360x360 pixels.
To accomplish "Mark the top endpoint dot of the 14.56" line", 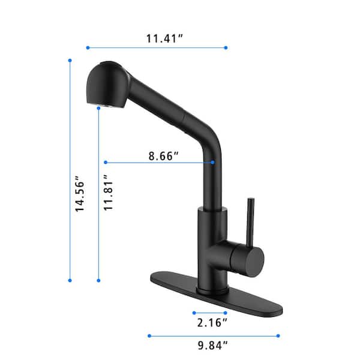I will click(x=70, y=60).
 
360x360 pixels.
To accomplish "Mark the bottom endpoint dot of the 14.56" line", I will click(x=70, y=280).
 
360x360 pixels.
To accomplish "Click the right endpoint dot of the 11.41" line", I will click(x=226, y=47).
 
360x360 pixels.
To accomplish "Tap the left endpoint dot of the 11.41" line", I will click(x=88, y=47).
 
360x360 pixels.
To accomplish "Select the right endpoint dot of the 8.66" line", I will click(x=214, y=162).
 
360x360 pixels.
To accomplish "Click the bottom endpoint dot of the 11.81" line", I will click(x=98, y=280).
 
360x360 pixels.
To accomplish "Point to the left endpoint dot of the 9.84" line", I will click(x=149, y=335).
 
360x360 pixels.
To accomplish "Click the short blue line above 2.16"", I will click(x=209, y=312).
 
